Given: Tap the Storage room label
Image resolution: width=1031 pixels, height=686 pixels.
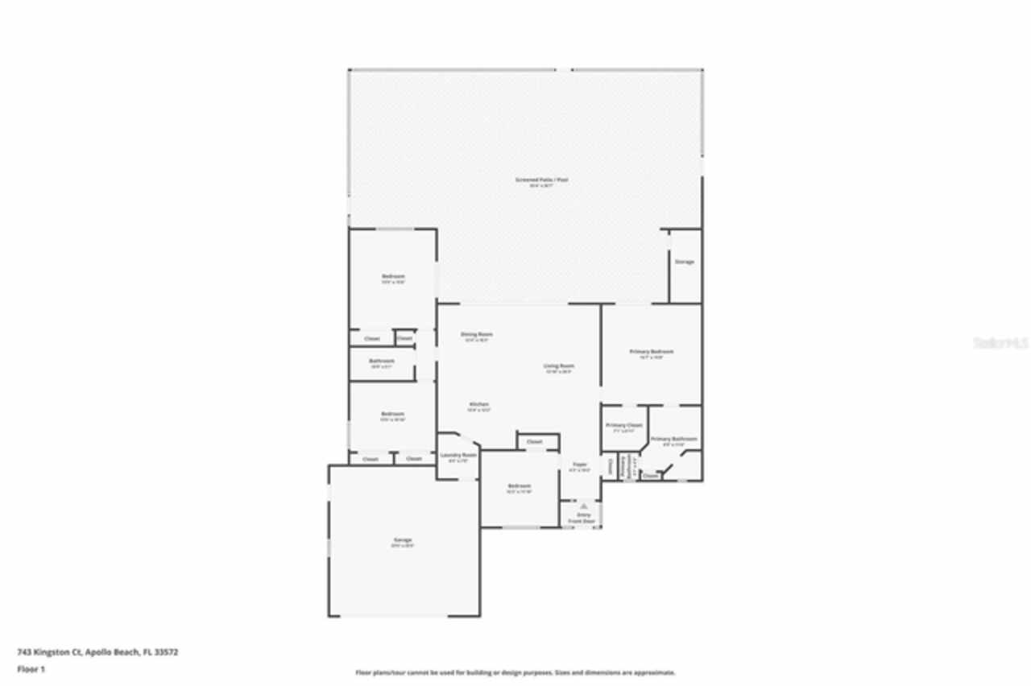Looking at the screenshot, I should [x=684, y=262].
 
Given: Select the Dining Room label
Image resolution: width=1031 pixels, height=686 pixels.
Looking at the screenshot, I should [x=477, y=334].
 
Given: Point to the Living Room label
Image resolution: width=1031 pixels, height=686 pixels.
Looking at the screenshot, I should [x=559, y=366].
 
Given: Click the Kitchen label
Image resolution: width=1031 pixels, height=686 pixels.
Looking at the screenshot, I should [x=479, y=404].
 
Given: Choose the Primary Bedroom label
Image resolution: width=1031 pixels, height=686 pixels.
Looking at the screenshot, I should [x=651, y=352].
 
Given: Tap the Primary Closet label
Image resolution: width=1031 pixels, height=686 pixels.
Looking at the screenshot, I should [x=624, y=425].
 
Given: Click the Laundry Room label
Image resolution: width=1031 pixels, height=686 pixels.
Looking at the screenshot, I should [x=458, y=455].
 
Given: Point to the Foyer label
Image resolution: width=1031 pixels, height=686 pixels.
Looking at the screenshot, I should [x=580, y=465].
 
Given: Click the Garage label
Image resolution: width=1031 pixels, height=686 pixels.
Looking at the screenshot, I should [x=403, y=539].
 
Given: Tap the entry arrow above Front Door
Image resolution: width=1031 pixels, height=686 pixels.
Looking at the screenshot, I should [x=583, y=506].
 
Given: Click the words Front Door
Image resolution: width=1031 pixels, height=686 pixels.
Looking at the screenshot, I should [x=582, y=522].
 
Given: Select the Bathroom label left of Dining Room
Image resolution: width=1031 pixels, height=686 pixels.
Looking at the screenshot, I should [x=382, y=361].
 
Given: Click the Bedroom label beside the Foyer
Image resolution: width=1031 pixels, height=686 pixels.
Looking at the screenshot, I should [x=520, y=486].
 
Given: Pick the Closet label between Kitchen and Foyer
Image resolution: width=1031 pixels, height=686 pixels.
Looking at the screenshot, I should [x=535, y=441].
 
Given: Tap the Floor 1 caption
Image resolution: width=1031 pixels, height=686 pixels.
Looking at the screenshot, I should [x=31, y=669].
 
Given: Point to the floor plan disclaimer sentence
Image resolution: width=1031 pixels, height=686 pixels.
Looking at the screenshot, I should [x=515, y=672].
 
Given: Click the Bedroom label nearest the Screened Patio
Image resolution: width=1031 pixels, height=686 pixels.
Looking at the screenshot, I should [x=393, y=277].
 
